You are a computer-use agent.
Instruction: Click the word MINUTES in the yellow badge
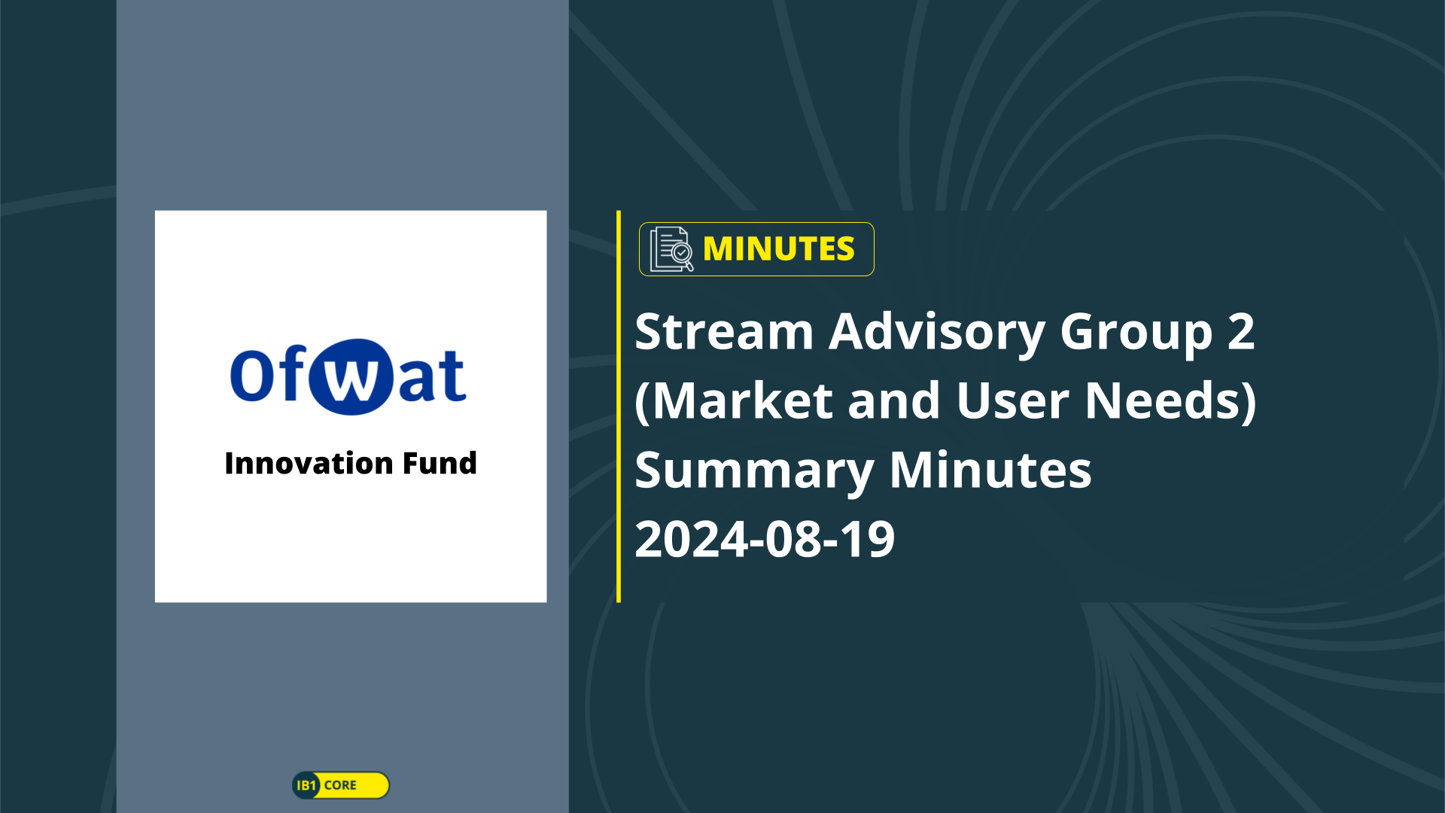coord(778,249)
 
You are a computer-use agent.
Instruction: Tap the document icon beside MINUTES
coord(671,249)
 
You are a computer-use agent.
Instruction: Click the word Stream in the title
coord(724,332)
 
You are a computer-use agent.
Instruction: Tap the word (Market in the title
coord(734,401)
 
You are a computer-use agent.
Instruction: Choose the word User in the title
coord(1012,401)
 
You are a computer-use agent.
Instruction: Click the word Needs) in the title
coord(1170,401)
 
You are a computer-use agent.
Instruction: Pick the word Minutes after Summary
coord(990,470)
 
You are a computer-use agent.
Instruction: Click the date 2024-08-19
coord(765,540)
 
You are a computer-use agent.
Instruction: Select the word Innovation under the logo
coord(309,463)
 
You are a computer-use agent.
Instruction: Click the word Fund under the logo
coord(440,463)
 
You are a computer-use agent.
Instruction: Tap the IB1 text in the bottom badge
coord(306,785)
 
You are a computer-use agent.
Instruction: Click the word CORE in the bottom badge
coord(340,785)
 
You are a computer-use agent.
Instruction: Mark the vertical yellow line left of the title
coord(619,406)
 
